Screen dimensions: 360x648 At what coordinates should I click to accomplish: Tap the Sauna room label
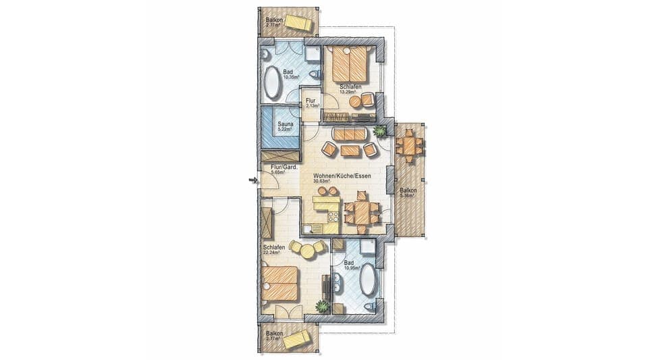[x=286, y=124]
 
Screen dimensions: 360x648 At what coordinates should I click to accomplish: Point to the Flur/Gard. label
[x=279, y=167]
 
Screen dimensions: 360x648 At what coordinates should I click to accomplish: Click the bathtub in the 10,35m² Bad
[x=273, y=83]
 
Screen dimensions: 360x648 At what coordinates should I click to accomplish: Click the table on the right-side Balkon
[x=410, y=145]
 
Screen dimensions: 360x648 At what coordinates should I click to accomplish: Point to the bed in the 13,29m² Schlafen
[x=348, y=66]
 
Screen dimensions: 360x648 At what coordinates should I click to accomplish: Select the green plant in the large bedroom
[x=323, y=307]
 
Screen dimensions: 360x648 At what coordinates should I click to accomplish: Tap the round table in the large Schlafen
[x=307, y=250]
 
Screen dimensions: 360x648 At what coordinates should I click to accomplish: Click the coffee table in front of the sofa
[x=350, y=150]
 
